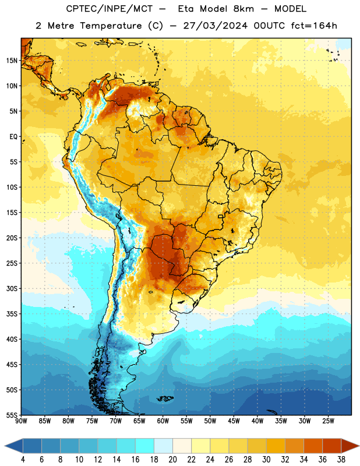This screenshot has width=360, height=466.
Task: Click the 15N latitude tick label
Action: point(12,61)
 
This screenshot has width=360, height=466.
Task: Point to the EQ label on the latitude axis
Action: point(13,137)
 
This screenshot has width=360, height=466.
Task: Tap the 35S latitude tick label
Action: point(12,314)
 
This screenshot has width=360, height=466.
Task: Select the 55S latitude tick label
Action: point(12,415)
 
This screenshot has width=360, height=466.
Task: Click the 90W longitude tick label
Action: point(21,421)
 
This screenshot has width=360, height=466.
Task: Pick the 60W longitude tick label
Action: point(163,421)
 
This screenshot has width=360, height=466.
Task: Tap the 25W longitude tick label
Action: point(328,421)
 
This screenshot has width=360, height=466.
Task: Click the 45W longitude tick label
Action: point(234,421)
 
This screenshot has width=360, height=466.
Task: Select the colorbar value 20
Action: point(172,460)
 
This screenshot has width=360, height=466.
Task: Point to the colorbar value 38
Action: point(341,460)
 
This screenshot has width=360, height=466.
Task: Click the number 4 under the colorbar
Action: point(23,460)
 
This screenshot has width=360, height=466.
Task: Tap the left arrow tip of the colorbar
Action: point(5,446)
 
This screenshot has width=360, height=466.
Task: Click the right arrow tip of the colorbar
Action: point(359,446)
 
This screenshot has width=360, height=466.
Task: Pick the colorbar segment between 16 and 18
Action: point(145,446)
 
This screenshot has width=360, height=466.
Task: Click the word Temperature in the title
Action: point(111,26)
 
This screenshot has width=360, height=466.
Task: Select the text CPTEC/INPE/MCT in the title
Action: point(110,9)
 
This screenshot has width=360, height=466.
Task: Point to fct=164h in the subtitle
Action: point(314,26)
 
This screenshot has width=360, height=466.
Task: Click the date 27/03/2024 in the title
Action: point(215,26)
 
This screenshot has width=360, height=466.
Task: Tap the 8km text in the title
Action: point(243,9)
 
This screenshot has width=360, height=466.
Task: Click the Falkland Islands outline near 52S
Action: point(165,398)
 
